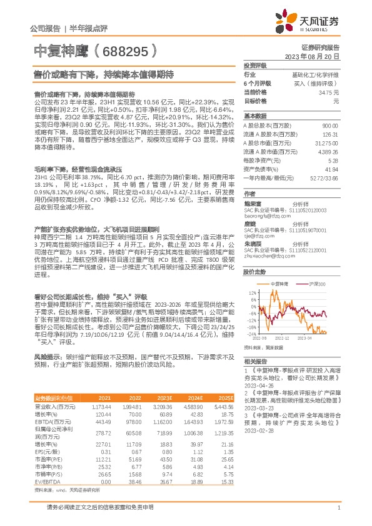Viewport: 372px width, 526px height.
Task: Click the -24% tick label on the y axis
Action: [x=251, y=334]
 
